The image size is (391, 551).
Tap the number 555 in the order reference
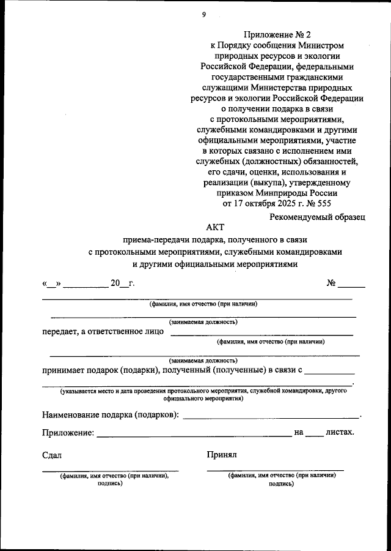point(323,203)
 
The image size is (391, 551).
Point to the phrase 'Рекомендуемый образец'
point(317,216)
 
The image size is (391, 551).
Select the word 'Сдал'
point(52,455)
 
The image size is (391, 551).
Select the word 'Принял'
point(222,455)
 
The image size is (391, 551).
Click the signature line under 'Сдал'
point(110,471)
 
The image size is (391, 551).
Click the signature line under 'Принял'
point(275,471)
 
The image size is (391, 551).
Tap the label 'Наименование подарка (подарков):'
point(111,414)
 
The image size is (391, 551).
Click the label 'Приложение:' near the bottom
point(68,432)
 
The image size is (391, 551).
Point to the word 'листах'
point(340,432)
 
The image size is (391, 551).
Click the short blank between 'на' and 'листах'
point(314,435)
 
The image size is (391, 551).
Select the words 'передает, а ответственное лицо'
point(103,331)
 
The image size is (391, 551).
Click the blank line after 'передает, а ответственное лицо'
point(261,335)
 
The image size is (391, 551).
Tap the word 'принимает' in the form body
point(64,370)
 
